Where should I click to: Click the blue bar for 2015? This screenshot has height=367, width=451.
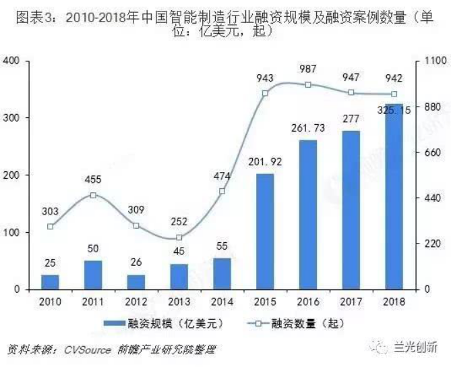265,231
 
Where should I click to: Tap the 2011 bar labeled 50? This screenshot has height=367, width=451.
93,275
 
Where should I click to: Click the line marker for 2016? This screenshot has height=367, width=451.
308,85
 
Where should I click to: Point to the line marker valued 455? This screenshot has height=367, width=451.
93,196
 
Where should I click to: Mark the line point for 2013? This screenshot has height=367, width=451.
179,237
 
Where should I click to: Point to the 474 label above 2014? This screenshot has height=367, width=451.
222,176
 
